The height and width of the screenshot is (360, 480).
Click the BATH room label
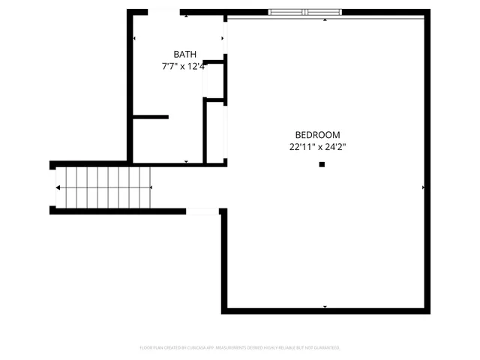coord(185,54)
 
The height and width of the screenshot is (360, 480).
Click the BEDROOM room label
coord(317,135)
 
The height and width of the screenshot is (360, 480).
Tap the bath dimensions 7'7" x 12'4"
coord(185,66)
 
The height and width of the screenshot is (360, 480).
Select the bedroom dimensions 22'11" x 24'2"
coord(317,147)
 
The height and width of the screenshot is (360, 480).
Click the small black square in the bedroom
coord(322,164)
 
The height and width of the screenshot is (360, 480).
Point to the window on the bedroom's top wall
coord(306,12)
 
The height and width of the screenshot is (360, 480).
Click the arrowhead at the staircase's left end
coord(58,187)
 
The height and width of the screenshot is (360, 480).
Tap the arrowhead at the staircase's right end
coord(150,187)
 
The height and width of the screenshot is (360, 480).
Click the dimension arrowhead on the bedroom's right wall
coord(424,187)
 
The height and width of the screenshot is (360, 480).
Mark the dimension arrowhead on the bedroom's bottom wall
coord(325,306)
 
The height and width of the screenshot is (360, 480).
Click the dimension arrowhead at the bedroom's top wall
coord(325,20)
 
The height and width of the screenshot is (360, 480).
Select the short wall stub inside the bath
coord(151,117)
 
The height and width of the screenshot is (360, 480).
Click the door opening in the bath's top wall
coord(164,12)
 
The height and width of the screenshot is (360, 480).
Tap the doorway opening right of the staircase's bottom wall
coord(202,211)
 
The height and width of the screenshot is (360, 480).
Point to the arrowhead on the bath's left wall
coord(134,38)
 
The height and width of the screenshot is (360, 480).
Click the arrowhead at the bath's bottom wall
coord(186,161)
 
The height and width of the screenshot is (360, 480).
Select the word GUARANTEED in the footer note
coord(325,348)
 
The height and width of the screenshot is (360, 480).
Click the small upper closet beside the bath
coord(214,79)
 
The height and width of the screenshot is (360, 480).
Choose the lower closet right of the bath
coord(216,130)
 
